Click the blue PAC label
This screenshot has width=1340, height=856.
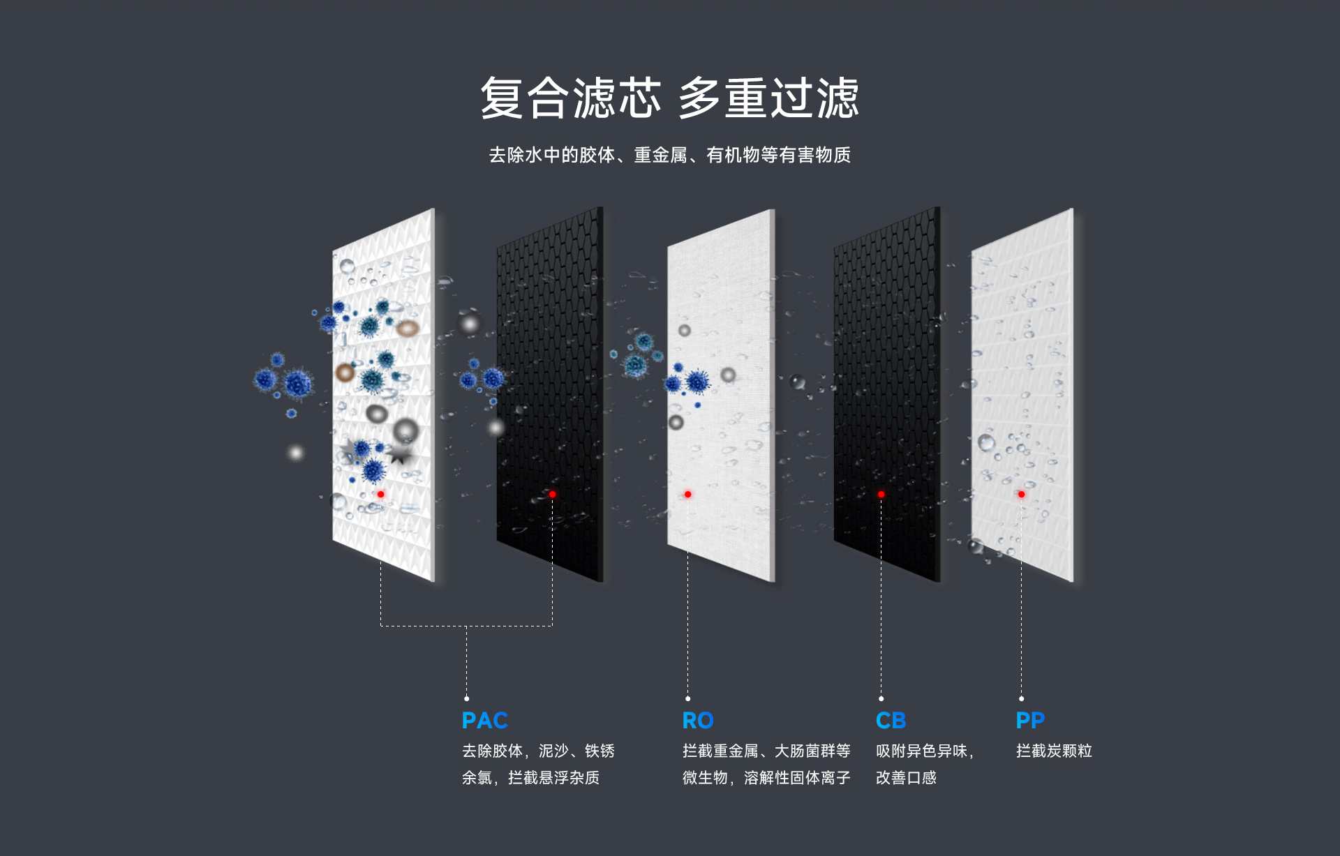click(484, 720)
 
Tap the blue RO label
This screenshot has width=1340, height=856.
click(697, 720)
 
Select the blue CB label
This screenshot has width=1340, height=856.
click(891, 720)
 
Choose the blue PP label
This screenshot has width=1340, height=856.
click(1030, 720)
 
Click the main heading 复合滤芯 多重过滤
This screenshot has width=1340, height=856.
click(669, 98)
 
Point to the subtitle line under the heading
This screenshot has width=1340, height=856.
click(669, 155)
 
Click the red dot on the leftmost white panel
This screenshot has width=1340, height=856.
click(380, 495)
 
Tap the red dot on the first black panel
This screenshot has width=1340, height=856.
click(552, 495)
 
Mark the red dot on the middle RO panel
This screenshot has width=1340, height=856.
click(687, 495)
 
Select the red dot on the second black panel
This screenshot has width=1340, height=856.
click(881, 495)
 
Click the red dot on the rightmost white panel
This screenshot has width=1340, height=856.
click(1021, 495)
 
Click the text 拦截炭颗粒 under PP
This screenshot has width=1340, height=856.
click(1054, 751)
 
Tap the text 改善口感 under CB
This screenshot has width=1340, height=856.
click(906, 778)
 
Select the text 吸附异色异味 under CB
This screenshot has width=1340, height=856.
click(921, 751)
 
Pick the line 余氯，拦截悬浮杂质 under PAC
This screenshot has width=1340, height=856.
click(530, 778)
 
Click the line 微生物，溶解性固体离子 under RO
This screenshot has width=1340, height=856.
click(766, 778)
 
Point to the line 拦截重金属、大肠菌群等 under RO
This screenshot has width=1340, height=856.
click(766, 751)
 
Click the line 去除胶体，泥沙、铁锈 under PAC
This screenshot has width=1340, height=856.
click(538, 751)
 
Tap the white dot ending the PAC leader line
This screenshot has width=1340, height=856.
click(467, 698)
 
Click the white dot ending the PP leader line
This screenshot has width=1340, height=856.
click(1021, 698)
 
